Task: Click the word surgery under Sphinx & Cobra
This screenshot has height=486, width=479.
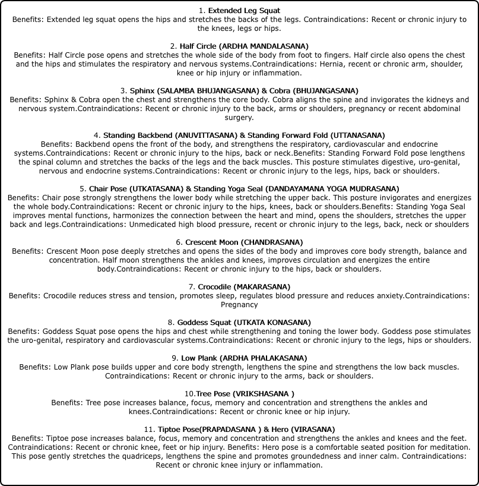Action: (239, 118)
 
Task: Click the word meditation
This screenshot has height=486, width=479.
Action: (448, 447)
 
